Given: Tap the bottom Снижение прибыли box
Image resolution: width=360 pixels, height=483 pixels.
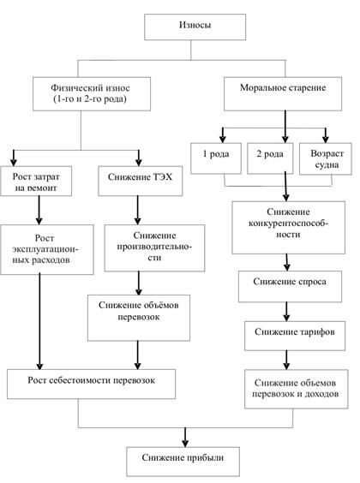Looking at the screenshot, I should pyautogui.click(x=184, y=460).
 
